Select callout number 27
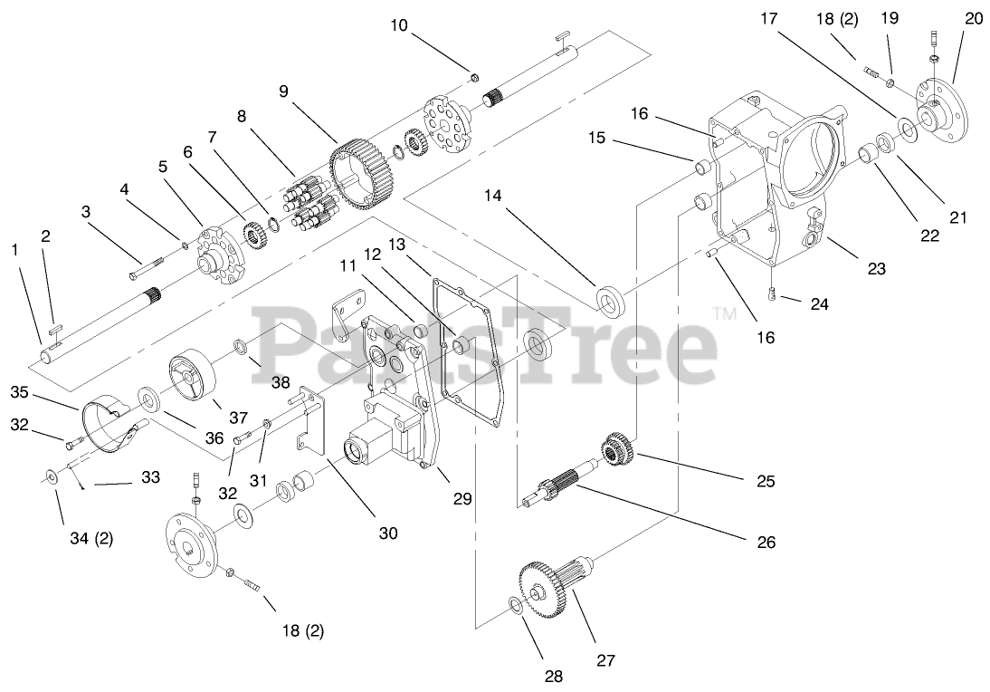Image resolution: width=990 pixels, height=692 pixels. click(605, 660)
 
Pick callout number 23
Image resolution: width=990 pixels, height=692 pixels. click(875, 268)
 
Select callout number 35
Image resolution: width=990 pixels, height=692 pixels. click(20, 392)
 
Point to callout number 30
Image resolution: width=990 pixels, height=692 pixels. click(387, 533)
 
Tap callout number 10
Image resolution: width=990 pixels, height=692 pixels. click(399, 25)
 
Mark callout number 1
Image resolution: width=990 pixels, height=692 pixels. click(14, 248)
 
